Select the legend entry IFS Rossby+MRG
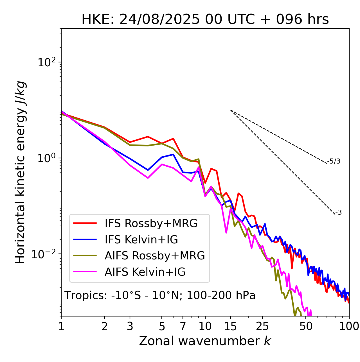151,223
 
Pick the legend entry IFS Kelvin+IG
141,240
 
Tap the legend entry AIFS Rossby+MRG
155,256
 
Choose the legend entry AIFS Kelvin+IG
145,272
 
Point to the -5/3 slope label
334,161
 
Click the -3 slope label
339,213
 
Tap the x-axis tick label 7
183,327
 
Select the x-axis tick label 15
230,327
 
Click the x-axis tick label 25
262,327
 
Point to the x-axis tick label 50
306,327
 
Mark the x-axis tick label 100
349,327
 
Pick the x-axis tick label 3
130,327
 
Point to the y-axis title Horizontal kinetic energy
21,172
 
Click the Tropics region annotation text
160,296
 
